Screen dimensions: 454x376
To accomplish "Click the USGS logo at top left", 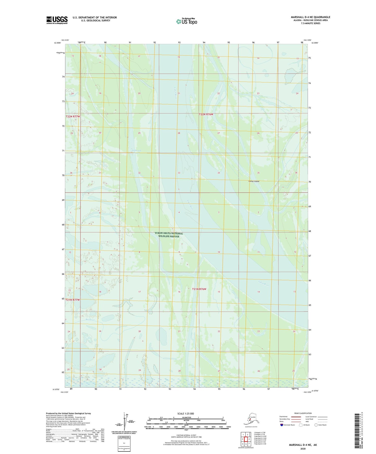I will (x=57, y=20).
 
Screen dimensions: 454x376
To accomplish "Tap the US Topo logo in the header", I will (x=186, y=21).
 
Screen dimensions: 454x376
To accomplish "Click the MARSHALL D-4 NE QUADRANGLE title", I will (x=310, y=17).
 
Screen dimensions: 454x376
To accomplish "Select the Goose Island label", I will (x=254, y=181).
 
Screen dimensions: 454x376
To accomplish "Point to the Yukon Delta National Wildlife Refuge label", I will (x=169, y=235).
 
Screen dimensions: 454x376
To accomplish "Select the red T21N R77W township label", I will (x=73, y=300).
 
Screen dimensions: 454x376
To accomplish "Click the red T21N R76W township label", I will (x=199, y=289).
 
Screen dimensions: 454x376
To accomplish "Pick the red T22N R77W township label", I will (x=73, y=117).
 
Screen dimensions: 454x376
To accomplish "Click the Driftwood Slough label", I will (x=136, y=151).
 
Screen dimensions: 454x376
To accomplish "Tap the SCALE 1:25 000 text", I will (x=186, y=413).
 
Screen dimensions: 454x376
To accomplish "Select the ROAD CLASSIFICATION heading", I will (x=303, y=413).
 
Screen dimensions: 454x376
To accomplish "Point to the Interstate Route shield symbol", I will (x=282, y=425).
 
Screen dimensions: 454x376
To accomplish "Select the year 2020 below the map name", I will (x=303, y=449).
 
